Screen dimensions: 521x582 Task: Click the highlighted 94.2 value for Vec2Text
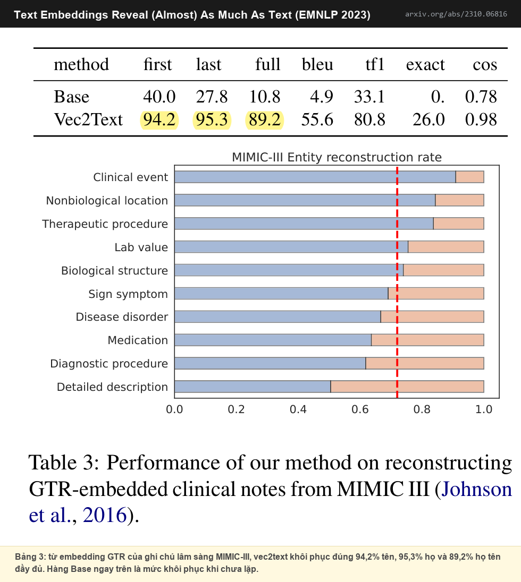point(159,120)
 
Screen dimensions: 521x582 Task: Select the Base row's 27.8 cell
point(212,97)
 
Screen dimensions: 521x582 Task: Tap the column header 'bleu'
point(317,65)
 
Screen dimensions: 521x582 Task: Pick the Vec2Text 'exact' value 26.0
point(428,120)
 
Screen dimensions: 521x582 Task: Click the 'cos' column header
point(485,65)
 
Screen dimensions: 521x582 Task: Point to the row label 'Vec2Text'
point(88,120)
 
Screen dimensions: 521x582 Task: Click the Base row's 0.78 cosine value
point(481,97)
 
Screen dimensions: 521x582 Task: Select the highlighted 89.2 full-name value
point(265,120)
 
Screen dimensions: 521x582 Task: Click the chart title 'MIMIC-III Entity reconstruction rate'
point(337,157)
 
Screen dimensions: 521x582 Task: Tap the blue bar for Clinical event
point(315,177)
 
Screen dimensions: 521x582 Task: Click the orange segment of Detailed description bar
point(407,387)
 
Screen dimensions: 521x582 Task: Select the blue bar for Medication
point(273,340)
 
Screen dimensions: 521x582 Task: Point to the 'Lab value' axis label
point(141,247)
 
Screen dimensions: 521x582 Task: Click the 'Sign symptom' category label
point(128,294)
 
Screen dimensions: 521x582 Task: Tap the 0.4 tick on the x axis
point(298,409)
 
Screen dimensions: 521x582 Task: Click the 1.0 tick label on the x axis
point(484,409)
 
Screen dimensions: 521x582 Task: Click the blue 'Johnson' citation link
point(477,489)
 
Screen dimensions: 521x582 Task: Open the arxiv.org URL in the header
point(456,14)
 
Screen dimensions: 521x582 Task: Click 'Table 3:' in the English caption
point(64,463)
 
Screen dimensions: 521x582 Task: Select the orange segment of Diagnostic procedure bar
point(425,363)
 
